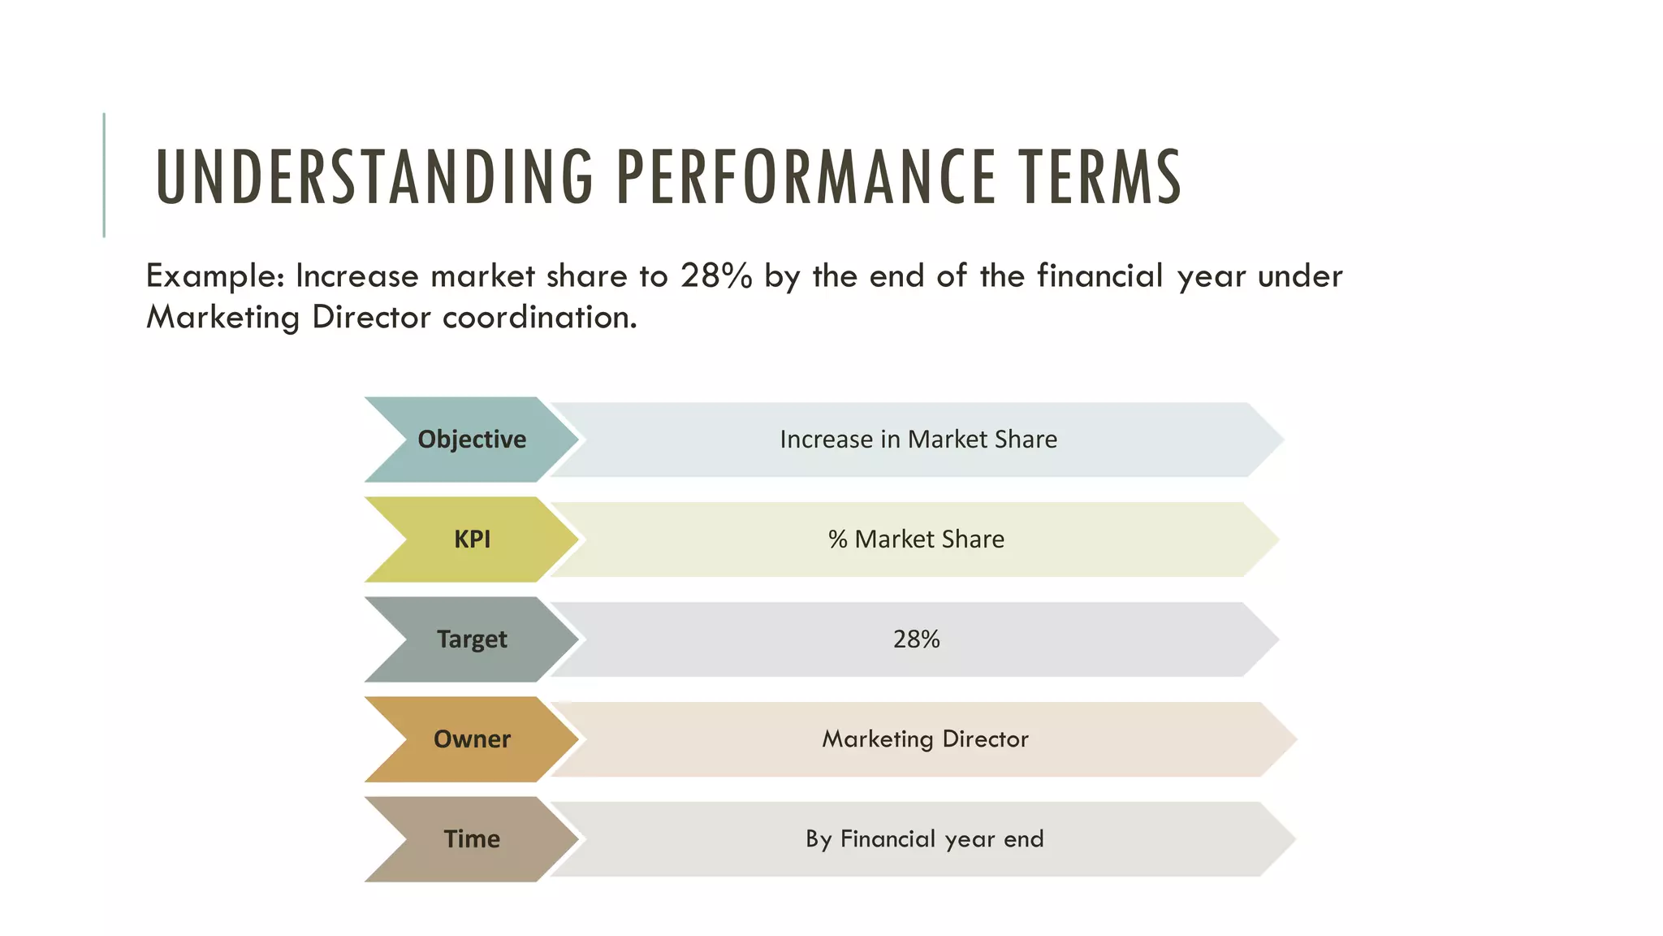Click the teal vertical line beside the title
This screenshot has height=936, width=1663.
click(104, 175)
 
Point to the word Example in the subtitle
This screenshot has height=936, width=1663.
click(214, 277)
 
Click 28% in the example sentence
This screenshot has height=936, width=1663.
click(716, 276)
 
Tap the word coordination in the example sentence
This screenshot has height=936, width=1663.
click(539, 318)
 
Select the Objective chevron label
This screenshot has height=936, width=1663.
click(472, 440)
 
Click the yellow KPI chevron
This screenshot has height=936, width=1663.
click(472, 539)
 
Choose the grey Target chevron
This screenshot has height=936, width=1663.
click(472, 639)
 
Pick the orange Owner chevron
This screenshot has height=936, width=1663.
click(472, 739)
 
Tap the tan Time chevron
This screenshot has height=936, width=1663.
click(472, 839)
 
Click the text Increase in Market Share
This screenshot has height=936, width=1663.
click(918, 440)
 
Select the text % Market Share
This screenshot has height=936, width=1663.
click(916, 539)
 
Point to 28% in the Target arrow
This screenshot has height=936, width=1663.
click(916, 639)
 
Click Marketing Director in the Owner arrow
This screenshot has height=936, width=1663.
click(925, 739)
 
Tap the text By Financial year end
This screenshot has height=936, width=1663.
click(924, 839)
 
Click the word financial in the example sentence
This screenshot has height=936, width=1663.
click(1100, 276)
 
